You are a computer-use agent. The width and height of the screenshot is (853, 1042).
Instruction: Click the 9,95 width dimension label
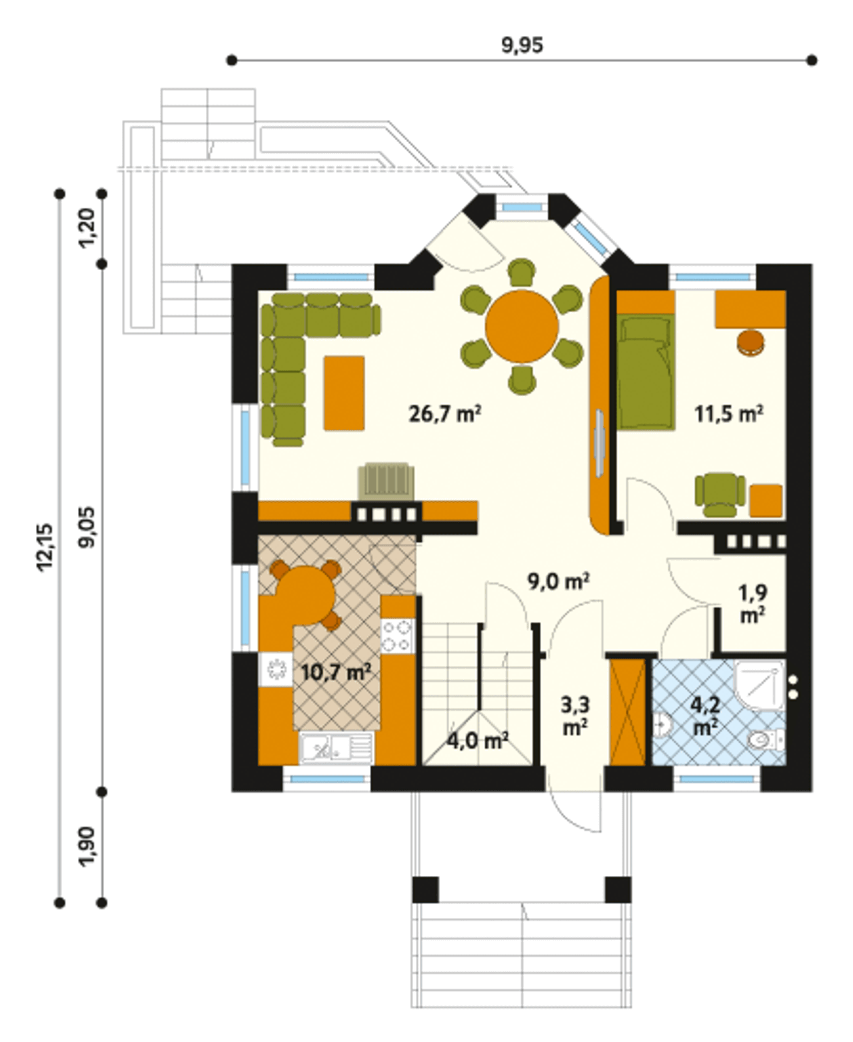(522, 45)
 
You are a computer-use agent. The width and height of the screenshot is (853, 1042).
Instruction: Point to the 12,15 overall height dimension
(45, 547)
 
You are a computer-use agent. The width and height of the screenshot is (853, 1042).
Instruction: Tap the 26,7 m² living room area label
(444, 413)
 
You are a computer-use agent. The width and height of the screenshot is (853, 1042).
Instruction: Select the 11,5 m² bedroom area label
(729, 413)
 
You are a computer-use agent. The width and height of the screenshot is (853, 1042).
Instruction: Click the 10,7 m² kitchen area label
(336, 672)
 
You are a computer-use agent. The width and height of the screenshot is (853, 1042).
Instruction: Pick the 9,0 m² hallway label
(558, 581)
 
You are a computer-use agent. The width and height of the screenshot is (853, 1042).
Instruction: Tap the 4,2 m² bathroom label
(705, 716)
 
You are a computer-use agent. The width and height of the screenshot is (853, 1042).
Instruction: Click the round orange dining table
(522, 326)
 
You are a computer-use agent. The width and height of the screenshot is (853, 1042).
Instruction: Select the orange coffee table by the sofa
(345, 393)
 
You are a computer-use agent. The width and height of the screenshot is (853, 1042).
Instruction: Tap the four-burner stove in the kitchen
(398, 636)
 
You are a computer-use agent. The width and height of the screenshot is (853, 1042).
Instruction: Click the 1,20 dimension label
(87, 228)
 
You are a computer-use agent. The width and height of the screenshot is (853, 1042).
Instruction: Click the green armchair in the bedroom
(720, 495)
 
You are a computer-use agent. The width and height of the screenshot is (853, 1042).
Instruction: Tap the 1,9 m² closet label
(752, 604)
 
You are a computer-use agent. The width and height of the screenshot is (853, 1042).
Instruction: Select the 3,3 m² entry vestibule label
(574, 716)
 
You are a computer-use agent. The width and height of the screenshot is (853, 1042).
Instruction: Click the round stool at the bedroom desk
(750, 343)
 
